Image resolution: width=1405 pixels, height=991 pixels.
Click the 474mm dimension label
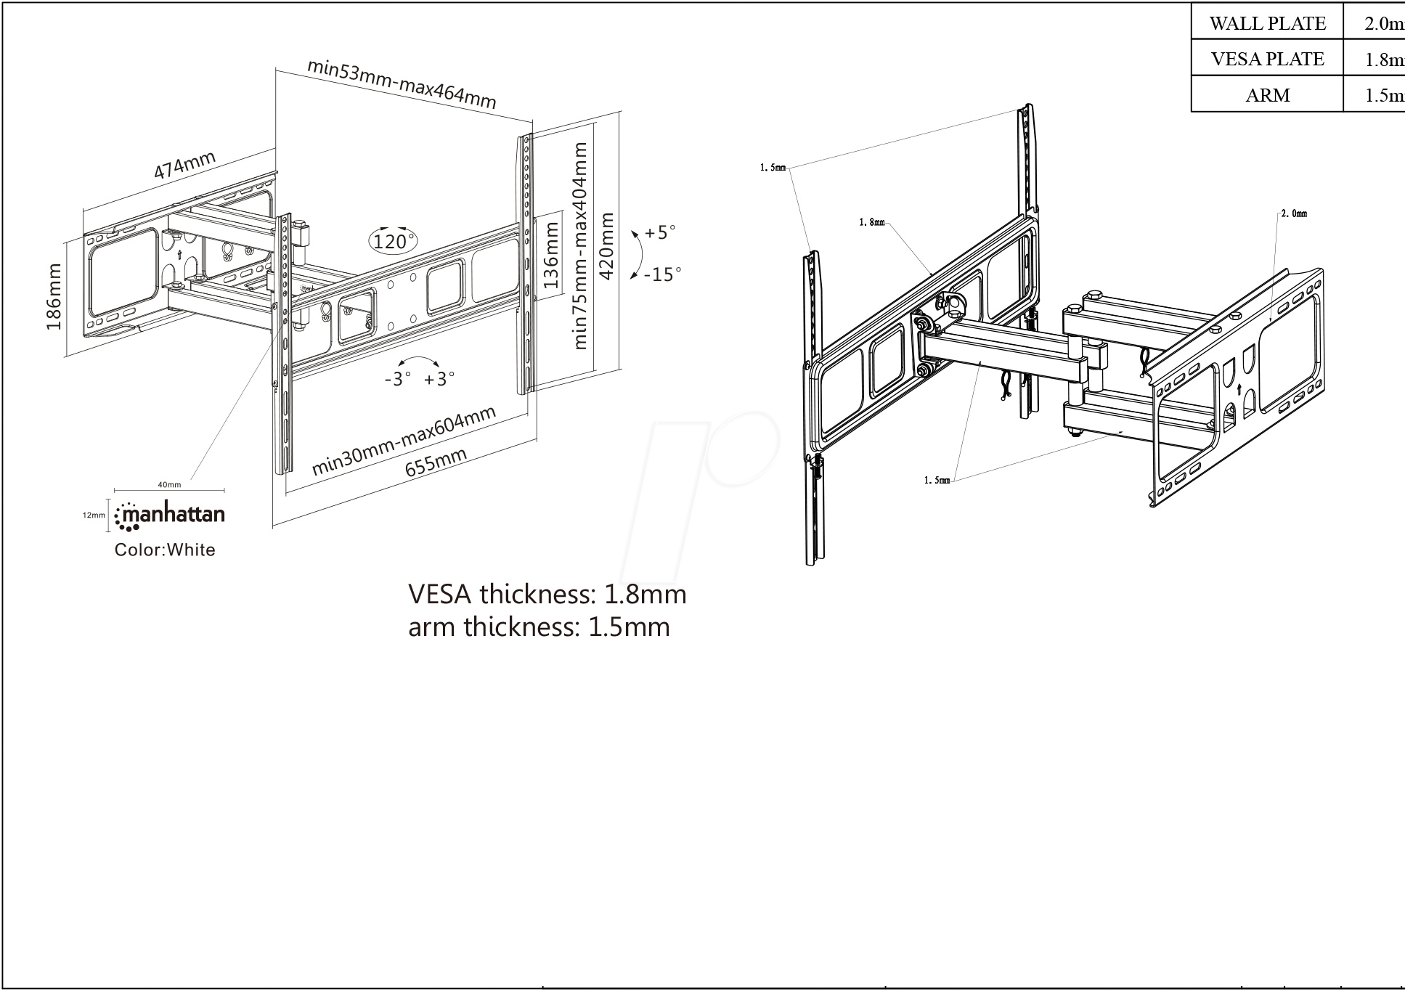pos(184,165)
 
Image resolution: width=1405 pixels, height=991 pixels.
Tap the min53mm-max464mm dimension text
pos(402,83)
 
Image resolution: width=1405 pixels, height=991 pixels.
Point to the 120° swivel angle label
pos(394,240)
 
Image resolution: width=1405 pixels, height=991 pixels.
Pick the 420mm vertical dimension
pos(606,245)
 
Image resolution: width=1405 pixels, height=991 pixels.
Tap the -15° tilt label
pos(662,274)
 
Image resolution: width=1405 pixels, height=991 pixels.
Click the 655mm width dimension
pos(436,462)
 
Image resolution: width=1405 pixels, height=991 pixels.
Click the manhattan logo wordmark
pos(171,515)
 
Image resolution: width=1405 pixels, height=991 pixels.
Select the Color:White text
pos(165,550)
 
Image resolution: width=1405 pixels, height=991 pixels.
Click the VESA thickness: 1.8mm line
pos(547,594)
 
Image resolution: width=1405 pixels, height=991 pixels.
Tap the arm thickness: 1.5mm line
pos(539,626)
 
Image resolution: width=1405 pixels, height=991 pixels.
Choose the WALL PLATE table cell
pos(1267,23)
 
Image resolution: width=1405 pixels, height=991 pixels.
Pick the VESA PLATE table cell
pos(1267,59)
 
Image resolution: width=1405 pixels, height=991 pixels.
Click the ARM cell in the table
pos(1267,95)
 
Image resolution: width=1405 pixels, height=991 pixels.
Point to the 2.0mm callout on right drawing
pos(1293,213)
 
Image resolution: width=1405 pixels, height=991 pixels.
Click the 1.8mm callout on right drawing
pos(871,222)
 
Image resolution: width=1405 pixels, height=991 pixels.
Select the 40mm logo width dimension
pos(169,484)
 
